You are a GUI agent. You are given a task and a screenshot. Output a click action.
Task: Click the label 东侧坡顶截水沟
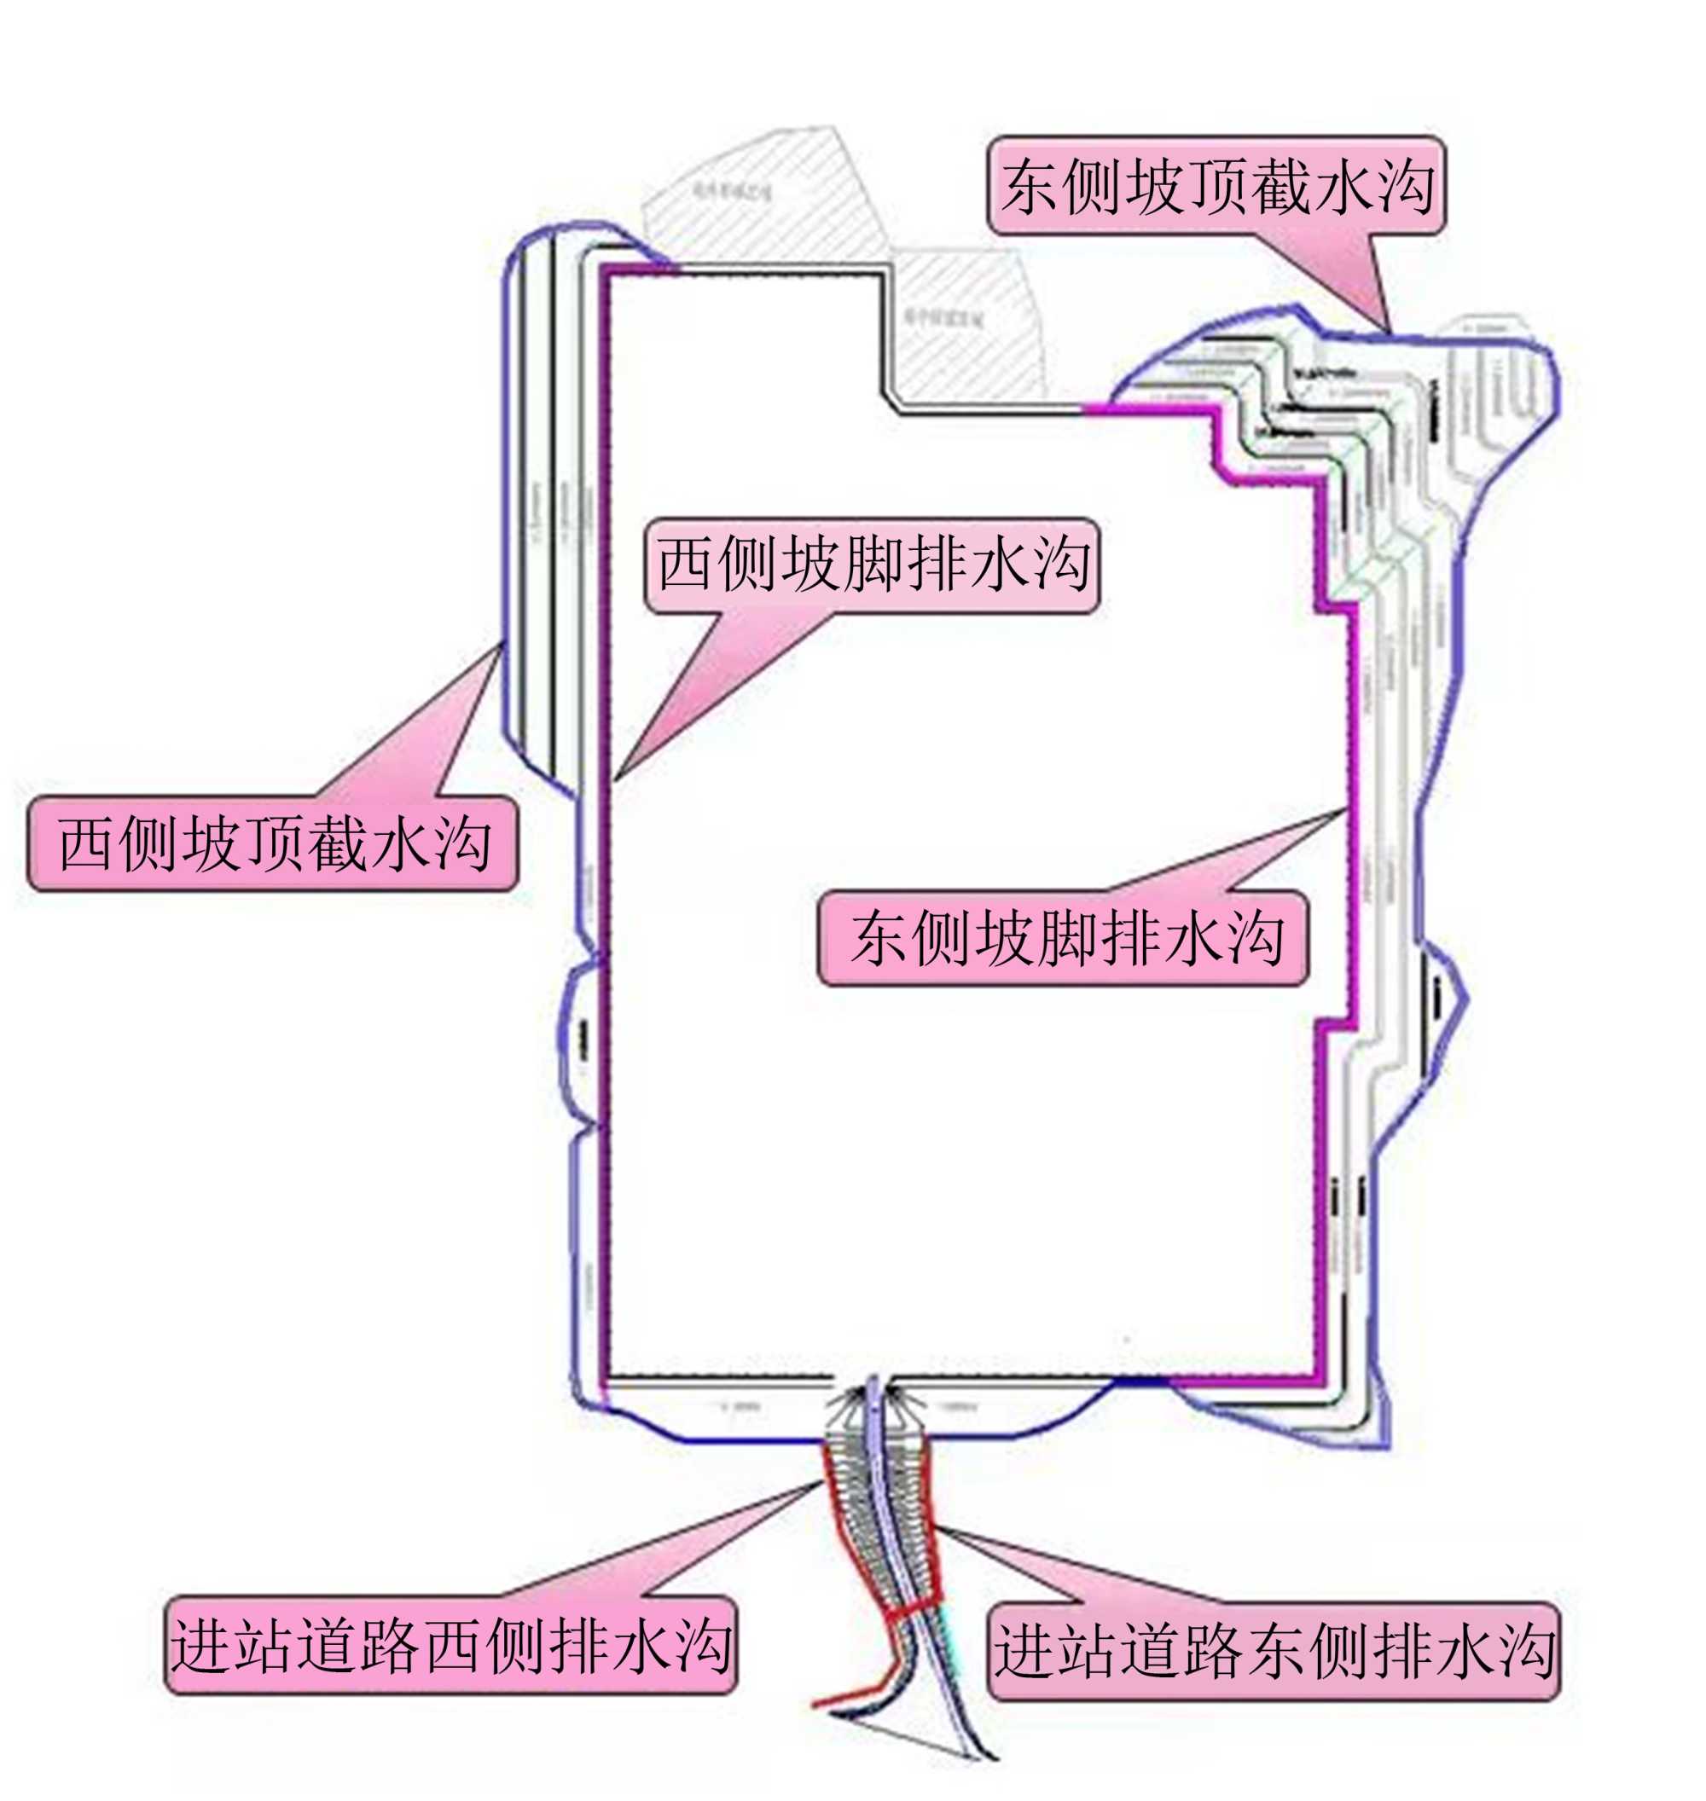[x=1216, y=187]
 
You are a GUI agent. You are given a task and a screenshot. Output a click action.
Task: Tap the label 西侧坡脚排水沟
[x=872, y=565]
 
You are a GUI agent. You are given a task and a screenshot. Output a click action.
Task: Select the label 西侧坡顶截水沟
[x=273, y=843]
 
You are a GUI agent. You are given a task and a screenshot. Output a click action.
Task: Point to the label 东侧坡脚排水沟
[x=1063, y=938]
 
